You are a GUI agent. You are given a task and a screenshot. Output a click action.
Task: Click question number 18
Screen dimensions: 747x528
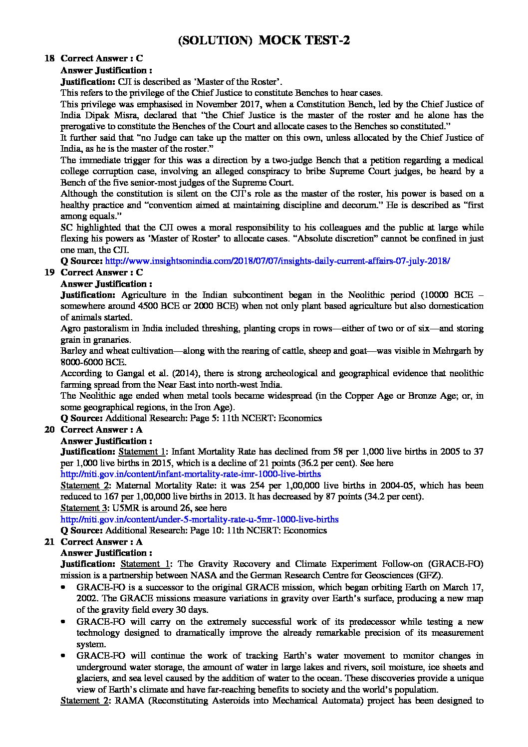click(49, 59)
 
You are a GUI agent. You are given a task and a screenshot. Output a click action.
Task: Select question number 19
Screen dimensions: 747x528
click(49, 272)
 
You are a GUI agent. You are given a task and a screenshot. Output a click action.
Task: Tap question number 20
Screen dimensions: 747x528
click(49, 430)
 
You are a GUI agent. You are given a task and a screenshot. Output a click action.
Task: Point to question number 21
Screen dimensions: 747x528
click(49, 542)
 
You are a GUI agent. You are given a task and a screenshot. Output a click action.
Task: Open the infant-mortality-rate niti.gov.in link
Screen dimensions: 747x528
click(191, 475)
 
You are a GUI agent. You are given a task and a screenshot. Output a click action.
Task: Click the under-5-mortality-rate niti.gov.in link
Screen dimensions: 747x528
click(199, 519)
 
